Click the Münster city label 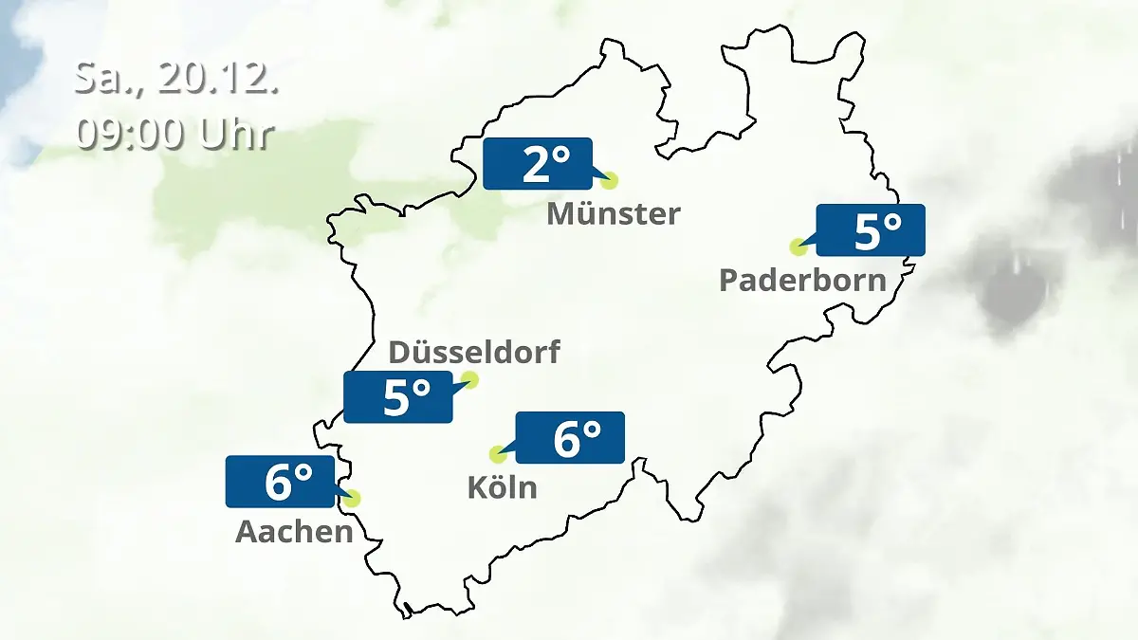(613, 214)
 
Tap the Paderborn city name (802, 281)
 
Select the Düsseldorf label (474, 353)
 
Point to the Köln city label (502, 487)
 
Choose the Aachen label (294, 532)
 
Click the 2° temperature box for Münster (537, 164)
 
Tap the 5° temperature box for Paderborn (870, 230)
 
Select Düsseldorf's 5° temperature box (398, 396)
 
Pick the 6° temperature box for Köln (569, 437)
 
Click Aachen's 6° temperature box (280, 482)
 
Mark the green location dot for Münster (609, 180)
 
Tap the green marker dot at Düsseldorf (468, 380)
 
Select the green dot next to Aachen (353, 498)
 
